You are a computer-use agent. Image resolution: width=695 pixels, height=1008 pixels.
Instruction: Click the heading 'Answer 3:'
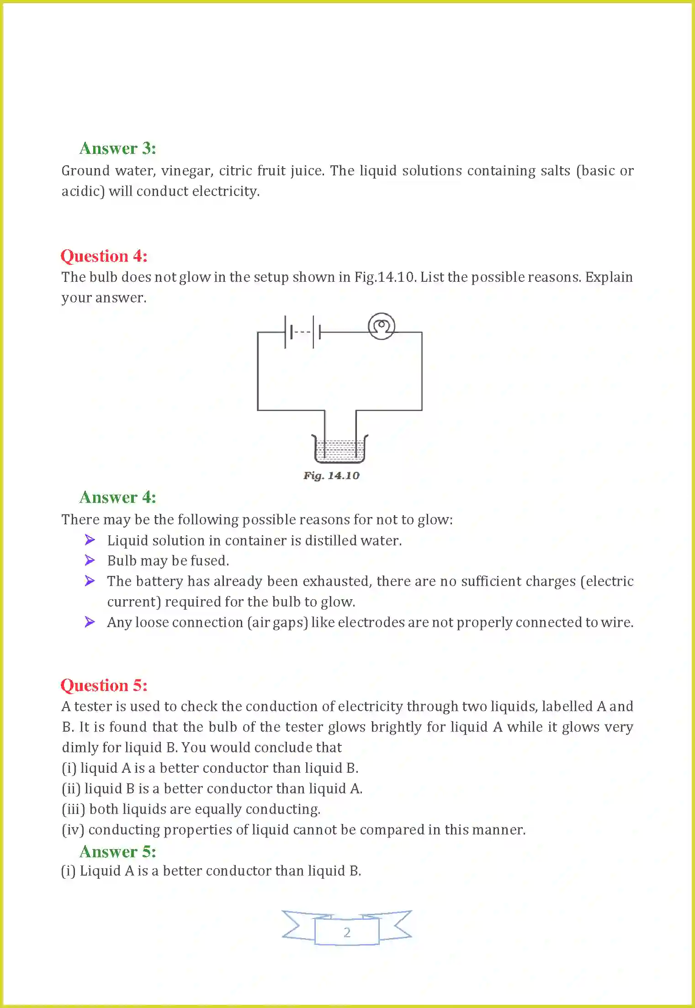pos(117,148)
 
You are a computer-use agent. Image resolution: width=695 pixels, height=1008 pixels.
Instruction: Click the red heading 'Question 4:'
pos(104,256)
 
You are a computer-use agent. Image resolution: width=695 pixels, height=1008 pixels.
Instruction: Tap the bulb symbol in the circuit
pos(381,326)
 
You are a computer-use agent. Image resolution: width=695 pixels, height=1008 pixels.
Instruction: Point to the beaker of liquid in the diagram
pos(340,449)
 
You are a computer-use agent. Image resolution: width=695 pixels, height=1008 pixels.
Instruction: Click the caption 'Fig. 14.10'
pos(331,475)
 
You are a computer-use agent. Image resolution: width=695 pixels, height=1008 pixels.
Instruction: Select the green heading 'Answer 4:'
pos(117,497)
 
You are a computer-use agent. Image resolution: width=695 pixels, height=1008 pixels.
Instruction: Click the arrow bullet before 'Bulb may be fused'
pos(90,560)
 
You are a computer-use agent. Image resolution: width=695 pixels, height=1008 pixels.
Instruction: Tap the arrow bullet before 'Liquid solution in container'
pos(90,540)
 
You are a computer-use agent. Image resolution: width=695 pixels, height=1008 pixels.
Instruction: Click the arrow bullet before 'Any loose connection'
pos(90,622)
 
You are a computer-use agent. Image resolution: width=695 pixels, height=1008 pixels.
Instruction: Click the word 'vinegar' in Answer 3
pos(187,171)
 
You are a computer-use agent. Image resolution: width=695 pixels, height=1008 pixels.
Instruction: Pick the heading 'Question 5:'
pos(104,686)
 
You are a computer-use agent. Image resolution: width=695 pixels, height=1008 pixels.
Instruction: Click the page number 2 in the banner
pos(347,932)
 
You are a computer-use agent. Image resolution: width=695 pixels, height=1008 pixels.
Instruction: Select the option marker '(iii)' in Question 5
pos(74,809)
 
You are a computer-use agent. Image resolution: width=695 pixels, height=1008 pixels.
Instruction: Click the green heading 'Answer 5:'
pos(117,852)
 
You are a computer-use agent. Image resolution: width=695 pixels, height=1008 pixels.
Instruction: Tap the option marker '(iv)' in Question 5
pos(73,830)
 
